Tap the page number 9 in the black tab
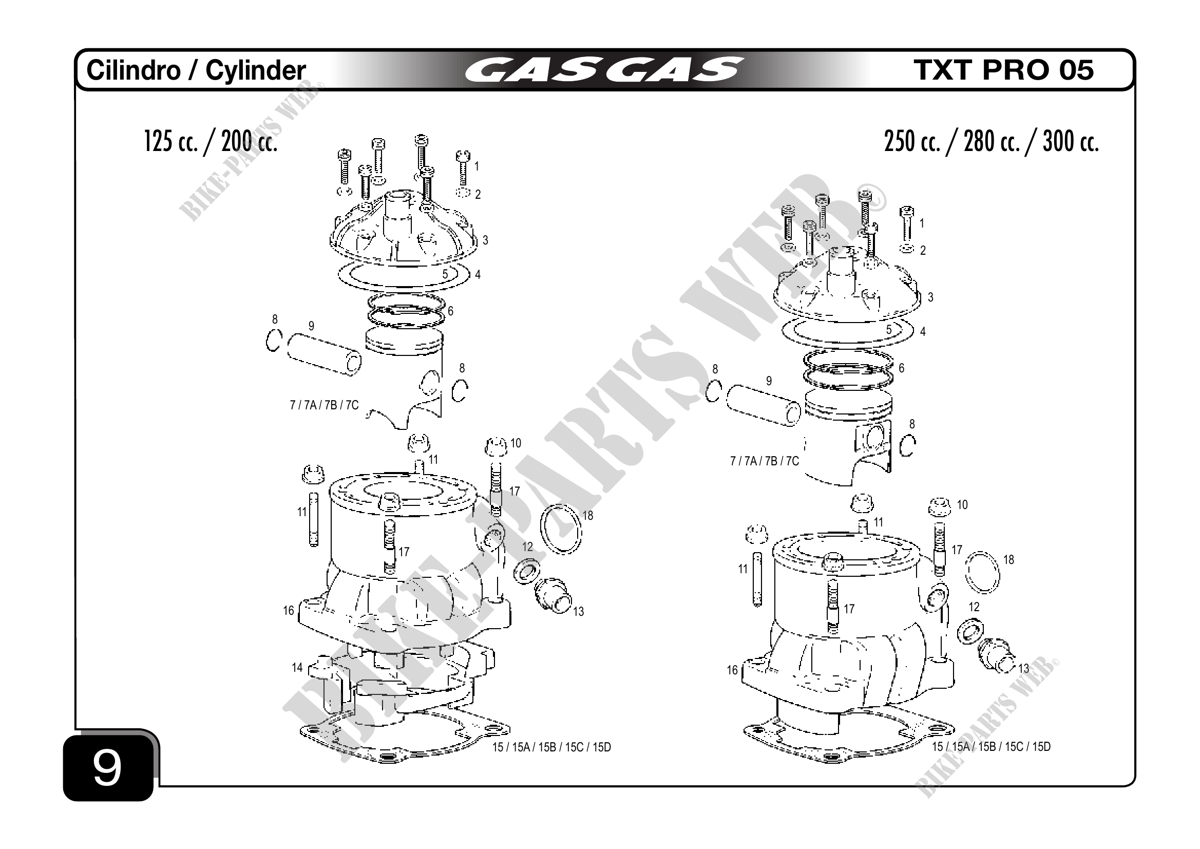tap(107, 768)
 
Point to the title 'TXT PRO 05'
tap(1003, 70)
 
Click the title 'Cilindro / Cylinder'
tap(196, 70)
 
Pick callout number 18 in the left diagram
tap(588, 516)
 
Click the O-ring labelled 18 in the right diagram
tap(982, 573)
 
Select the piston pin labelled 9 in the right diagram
tap(763, 405)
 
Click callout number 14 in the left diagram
tap(297, 668)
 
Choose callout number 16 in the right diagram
tap(732, 670)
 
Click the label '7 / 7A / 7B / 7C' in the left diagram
tap(324, 405)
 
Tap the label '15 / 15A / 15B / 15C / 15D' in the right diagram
tap(991, 747)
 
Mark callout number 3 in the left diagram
tap(485, 240)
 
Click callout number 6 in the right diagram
tap(901, 368)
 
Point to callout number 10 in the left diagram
tap(516, 443)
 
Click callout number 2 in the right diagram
tap(923, 251)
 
